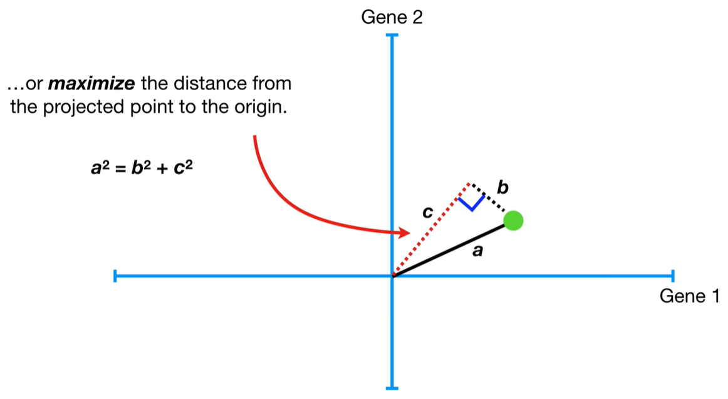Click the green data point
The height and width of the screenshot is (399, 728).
[x=513, y=220]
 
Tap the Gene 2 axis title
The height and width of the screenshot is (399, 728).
[x=392, y=18]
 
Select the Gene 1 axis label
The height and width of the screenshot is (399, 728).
[x=690, y=296]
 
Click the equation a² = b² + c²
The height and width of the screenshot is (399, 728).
[x=141, y=167]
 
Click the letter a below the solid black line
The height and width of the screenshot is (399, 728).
[x=477, y=252]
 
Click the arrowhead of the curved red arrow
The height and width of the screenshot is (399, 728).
[x=405, y=234]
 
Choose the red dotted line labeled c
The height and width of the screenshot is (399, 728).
[x=431, y=229]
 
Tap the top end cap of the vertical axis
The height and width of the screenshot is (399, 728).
[x=392, y=35]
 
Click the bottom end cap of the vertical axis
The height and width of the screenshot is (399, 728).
[x=392, y=388]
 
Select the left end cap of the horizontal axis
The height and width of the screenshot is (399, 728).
[x=115, y=276]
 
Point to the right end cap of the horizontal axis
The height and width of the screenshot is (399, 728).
[x=672, y=276]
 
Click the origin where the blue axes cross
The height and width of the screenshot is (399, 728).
[x=392, y=276]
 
